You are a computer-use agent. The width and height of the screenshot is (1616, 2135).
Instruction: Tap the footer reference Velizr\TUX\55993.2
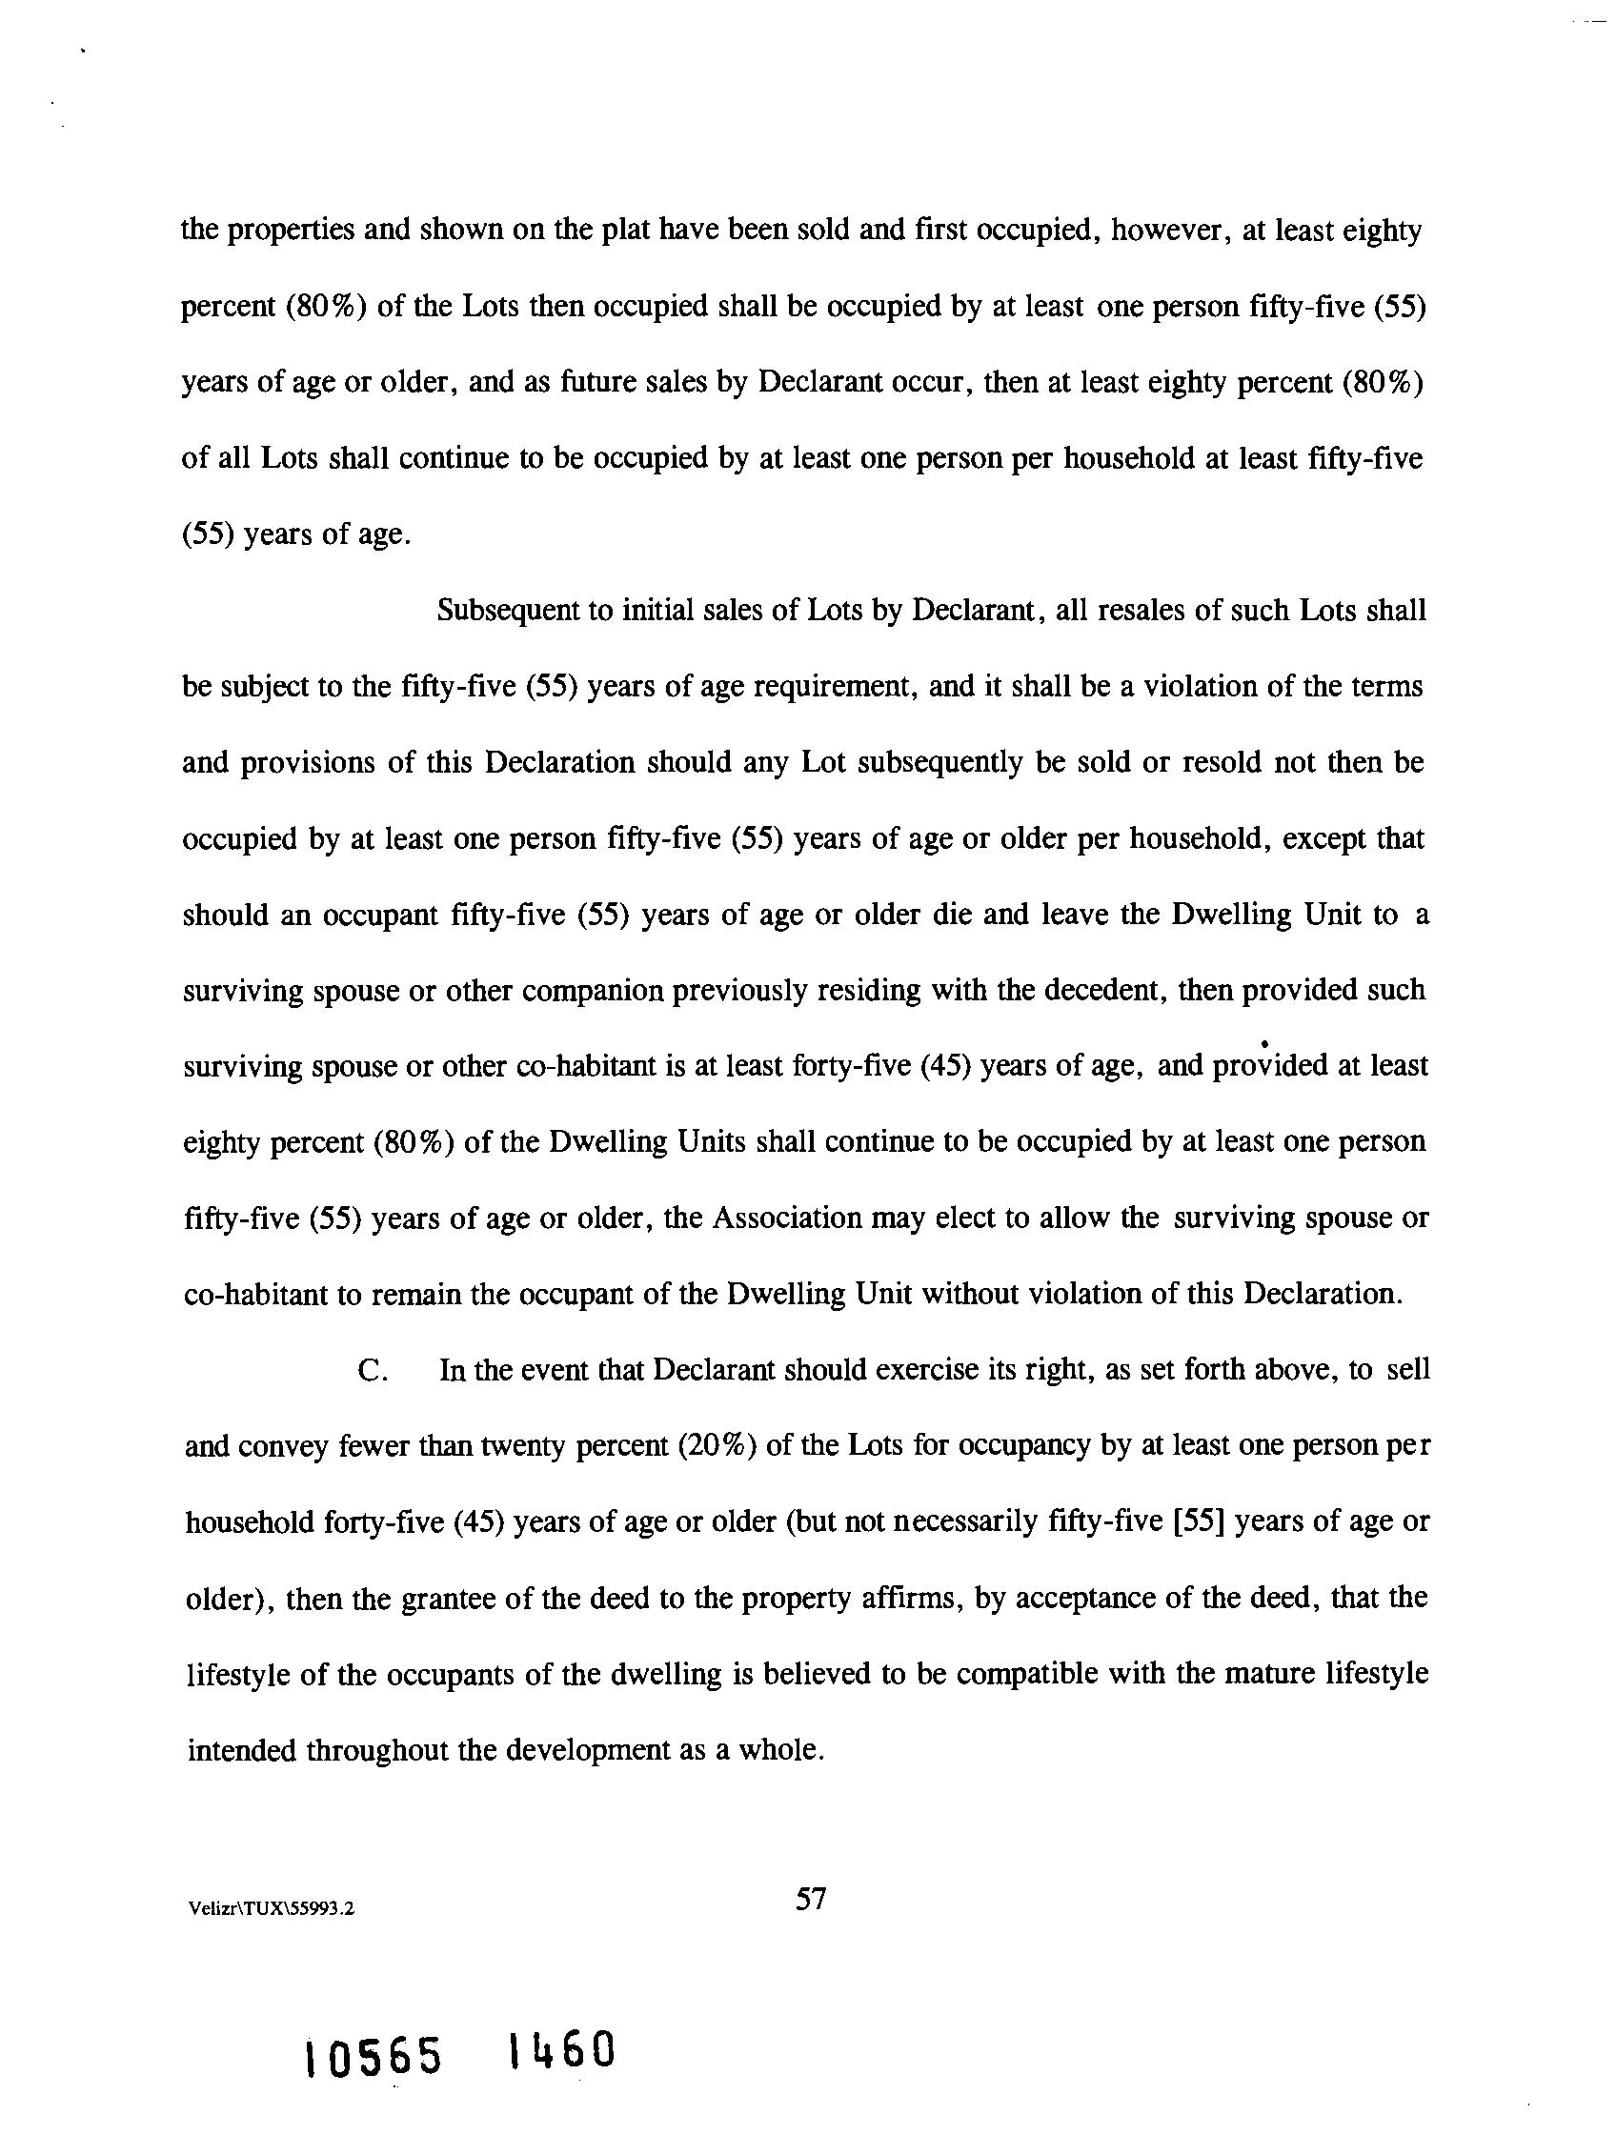pos(273,1908)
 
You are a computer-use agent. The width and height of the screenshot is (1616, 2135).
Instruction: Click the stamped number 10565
pos(374,2057)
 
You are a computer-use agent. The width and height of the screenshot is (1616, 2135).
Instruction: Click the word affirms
pos(910,1600)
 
